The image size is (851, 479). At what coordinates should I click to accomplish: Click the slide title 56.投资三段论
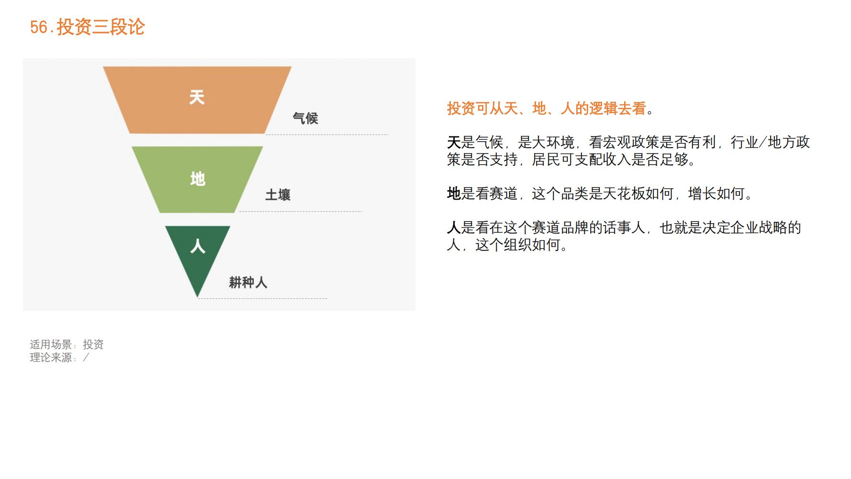point(87,27)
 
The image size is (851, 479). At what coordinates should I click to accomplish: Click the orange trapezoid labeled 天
point(197,99)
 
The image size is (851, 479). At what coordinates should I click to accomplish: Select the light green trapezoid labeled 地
point(197,180)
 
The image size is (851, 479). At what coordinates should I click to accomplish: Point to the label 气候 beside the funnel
point(305,118)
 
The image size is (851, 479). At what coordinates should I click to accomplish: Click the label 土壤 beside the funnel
point(278,195)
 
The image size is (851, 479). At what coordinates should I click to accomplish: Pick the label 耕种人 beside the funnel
point(248,283)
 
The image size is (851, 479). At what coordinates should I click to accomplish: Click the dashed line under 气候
point(327,135)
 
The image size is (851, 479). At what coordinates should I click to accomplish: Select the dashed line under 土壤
point(301,211)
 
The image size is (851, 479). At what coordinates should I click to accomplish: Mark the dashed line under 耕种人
point(262,298)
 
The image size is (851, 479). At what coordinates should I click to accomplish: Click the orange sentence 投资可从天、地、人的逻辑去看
point(547,109)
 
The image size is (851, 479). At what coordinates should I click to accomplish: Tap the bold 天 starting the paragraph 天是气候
point(453,142)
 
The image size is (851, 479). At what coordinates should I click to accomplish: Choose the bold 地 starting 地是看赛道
point(453,194)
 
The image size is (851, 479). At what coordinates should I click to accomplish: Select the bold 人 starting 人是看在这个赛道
point(453,228)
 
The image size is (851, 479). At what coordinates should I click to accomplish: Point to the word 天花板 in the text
point(624,194)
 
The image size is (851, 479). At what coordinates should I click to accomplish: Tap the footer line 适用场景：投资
point(67,344)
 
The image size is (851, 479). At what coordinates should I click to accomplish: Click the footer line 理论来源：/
point(59,357)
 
